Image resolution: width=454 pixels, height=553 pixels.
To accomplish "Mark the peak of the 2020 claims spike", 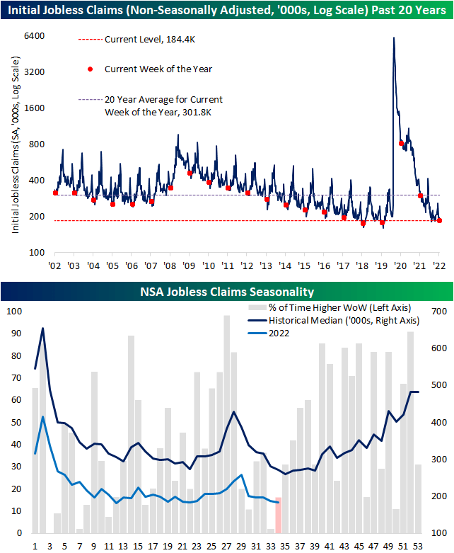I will point(393,38).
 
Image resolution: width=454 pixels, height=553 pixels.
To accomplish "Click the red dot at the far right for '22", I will point(439,220).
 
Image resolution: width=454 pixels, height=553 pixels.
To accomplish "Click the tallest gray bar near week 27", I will point(227,424).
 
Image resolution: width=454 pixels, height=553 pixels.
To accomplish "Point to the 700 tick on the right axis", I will point(431,312).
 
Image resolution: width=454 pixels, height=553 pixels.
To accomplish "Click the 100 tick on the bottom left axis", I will point(14,312).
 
